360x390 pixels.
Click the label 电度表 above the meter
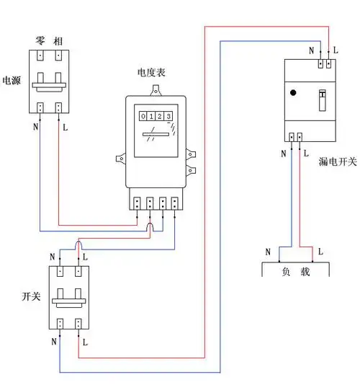point(151,74)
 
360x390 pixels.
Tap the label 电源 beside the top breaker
point(12,80)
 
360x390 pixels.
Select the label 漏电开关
point(337,162)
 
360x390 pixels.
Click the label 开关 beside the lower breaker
point(32,296)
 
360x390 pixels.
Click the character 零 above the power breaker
point(40,38)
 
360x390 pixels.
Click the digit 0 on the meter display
point(143,116)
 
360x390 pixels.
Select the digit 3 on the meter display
point(168,116)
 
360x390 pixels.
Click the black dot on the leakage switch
point(293,93)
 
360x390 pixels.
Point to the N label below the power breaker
point(36,128)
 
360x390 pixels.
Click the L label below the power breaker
point(66,128)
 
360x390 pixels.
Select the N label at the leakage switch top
point(311,50)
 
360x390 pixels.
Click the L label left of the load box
point(320,252)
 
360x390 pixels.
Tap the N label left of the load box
point(268,252)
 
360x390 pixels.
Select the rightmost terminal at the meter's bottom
point(175,203)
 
